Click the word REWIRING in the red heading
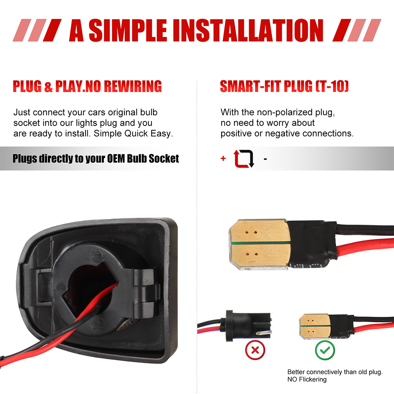133,86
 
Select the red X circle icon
255,350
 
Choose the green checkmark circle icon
325,350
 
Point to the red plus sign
223,158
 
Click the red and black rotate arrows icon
244,159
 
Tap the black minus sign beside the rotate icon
265,159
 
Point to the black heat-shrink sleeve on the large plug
312,244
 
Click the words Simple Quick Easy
133,133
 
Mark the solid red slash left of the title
52,30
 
